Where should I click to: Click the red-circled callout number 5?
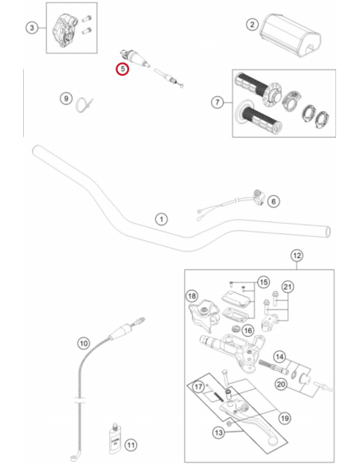(123, 69)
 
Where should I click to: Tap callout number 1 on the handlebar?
(162, 219)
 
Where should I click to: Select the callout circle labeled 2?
(252, 25)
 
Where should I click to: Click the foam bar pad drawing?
(291, 35)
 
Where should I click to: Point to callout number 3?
(32, 28)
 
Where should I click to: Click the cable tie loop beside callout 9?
(84, 105)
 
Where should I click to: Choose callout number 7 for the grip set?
(217, 102)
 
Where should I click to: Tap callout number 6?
(273, 201)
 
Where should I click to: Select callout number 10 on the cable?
(84, 343)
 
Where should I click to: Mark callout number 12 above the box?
(297, 256)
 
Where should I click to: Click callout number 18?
(192, 296)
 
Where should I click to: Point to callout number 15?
(264, 282)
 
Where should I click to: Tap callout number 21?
(288, 287)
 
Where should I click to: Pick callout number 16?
(248, 330)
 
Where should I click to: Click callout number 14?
(280, 357)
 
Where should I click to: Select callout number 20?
(281, 385)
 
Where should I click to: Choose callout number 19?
(284, 418)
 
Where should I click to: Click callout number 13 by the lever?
(218, 432)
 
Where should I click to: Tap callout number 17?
(198, 386)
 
